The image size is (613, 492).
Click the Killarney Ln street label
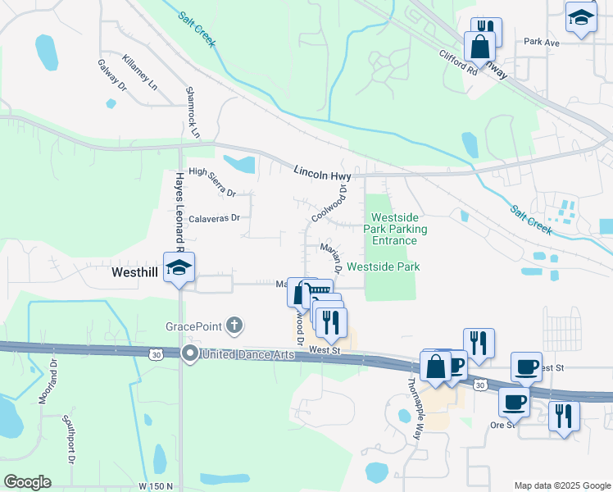point(138,71)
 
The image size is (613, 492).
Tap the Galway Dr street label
point(112,75)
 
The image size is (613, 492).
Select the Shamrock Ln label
point(193,112)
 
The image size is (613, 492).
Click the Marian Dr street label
point(330,257)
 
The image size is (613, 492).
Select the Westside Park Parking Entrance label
point(394,229)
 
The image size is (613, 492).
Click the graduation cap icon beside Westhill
point(178,267)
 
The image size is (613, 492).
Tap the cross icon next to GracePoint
point(234,325)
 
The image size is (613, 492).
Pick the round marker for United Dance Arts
point(189,354)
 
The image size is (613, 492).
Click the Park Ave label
point(541,42)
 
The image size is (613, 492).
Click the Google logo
point(27,481)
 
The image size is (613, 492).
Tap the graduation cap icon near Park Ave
point(580,17)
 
